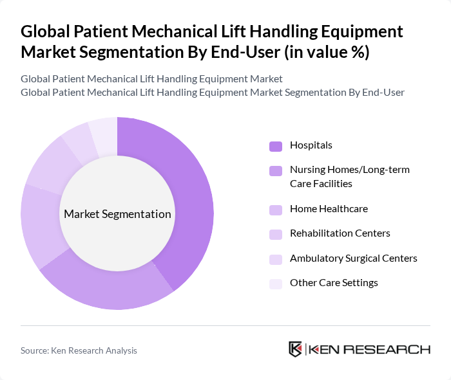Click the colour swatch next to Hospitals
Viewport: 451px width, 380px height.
coord(276,146)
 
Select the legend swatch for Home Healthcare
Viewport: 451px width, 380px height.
coord(276,210)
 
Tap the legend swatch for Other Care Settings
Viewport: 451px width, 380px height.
coord(276,284)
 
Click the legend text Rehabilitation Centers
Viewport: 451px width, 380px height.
coord(340,233)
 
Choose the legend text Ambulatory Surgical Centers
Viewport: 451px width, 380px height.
coord(353,258)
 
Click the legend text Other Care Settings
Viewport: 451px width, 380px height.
coord(334,283)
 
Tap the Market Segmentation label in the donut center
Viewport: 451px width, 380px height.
coord(117,214)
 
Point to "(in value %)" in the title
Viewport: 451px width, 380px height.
coord(329,52)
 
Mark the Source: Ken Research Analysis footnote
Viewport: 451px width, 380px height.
coord(79,350)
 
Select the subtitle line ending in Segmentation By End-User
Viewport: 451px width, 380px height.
coord(213,92)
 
